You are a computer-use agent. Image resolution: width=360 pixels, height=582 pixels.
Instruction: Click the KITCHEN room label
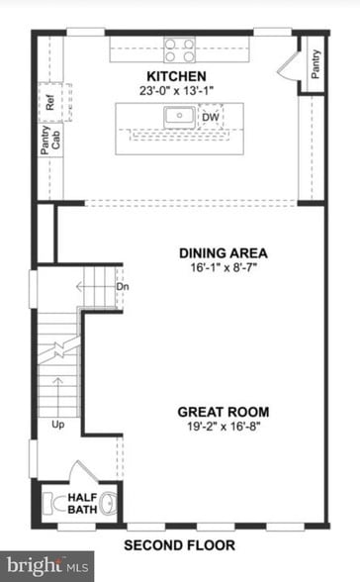tap(176, 76)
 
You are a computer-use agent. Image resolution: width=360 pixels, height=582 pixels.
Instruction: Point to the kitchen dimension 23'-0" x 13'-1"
tap(176, 91)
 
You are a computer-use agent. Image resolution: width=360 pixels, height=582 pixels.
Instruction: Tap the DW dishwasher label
tap(210, 117)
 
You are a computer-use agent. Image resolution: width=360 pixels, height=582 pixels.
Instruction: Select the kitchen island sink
tap(179, 116)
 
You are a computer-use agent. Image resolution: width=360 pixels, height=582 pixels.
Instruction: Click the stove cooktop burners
tap(179, 49)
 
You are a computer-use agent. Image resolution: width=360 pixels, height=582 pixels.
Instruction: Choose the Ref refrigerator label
tap(47, 102)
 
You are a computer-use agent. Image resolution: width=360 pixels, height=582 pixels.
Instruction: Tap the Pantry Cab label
tap(50, 137)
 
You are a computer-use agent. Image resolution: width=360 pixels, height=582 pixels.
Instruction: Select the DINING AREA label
tap(224, 251)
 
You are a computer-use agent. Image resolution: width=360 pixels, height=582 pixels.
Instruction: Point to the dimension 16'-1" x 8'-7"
tap(224, 267)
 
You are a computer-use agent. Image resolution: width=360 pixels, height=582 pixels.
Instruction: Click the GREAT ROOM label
tap(224, 412)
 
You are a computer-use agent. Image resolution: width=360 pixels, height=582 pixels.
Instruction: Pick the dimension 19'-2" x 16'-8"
tap(224, 428)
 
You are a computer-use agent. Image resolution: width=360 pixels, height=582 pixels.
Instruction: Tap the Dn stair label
tap(123, 287)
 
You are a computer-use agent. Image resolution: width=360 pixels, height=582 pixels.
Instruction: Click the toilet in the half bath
tap(108, 501)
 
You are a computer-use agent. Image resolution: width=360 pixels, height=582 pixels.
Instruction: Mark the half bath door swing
tap(83, 472)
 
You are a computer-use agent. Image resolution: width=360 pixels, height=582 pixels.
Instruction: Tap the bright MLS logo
tap(34, 566)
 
